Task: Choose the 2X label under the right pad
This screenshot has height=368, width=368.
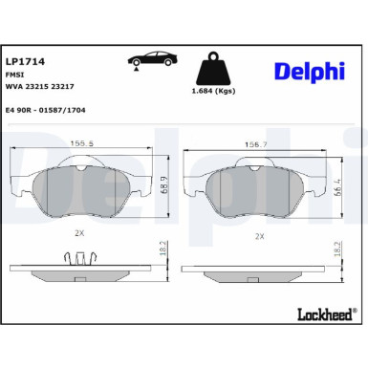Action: tap(258, 235)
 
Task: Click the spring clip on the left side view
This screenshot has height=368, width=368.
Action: tap(81, 259)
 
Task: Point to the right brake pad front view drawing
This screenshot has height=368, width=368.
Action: tap(258, 185)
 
